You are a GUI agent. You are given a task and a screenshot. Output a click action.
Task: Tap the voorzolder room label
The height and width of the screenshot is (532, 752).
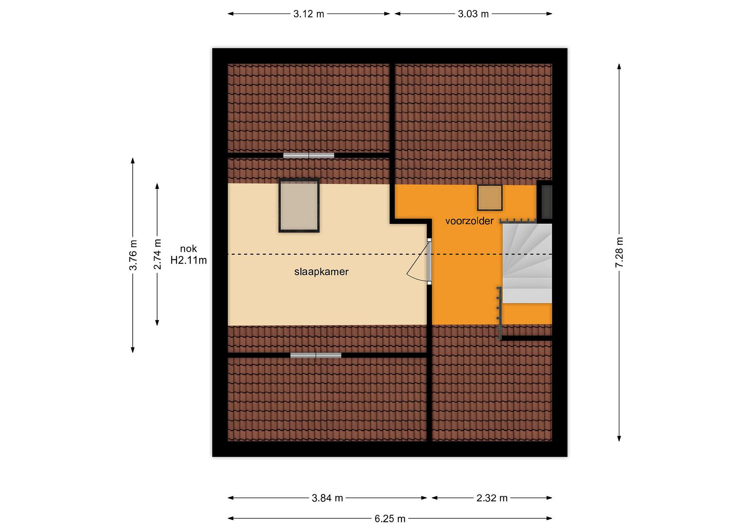tap(469, 221)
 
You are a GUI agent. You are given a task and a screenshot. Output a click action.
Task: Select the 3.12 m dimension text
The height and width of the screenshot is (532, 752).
tap(309, 14)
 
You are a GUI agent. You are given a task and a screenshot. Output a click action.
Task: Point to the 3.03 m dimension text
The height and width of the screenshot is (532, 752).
tap(473, 14)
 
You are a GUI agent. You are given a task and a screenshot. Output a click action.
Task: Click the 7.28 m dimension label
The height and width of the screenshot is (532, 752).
tap(619, 252)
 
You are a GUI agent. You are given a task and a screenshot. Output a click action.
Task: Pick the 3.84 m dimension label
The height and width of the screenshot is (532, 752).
tap(327, 498)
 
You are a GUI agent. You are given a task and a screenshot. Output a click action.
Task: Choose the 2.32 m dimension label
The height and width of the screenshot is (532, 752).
tap(492, 498)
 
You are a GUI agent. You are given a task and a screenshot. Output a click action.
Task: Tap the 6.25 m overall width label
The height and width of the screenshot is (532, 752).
tap(390, 519)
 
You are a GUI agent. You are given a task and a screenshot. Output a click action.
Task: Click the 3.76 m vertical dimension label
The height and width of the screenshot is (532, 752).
tap(133, 255)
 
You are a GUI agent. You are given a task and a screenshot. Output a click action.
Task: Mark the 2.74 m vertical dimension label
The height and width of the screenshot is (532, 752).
tap(157, 254)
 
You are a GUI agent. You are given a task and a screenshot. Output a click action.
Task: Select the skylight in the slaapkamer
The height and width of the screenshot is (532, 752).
tap(299, 205)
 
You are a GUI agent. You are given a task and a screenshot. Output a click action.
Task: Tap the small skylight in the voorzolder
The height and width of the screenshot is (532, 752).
tap(490, 197)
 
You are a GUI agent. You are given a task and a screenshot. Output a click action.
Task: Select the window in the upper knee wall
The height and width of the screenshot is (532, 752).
tap(309, 156)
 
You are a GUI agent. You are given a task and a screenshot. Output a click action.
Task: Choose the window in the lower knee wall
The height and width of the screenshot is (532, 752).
tap(316, 355)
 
